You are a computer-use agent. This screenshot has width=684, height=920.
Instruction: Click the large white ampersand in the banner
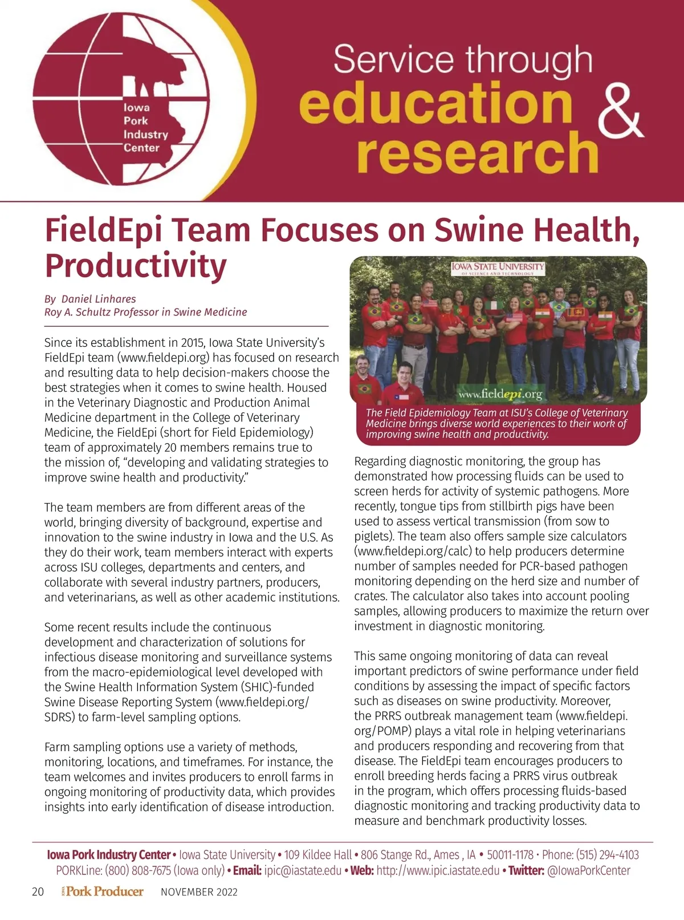pos(620,112)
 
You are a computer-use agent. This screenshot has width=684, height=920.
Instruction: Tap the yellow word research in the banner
pos(477,152)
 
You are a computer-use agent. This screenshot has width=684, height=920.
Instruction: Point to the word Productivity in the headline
pos(136,266)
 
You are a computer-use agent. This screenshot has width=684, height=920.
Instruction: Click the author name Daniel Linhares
pos(99,299)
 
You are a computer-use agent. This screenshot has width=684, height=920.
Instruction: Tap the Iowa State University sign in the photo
pos(498,268)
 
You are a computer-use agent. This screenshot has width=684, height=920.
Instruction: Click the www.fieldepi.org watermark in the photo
pos(500,394)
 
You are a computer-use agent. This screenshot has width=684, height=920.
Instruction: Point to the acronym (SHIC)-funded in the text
pos(276,687)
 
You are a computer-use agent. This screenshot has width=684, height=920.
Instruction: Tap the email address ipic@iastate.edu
pos(303,871)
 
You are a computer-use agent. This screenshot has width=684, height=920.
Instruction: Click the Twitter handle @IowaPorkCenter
pos(588,871)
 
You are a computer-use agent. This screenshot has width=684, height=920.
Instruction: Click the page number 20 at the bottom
pos(38,892)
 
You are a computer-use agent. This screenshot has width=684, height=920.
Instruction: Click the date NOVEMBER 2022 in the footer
pos(199,892)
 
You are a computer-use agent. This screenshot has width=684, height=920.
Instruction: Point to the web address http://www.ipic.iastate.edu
pos(438,871)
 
